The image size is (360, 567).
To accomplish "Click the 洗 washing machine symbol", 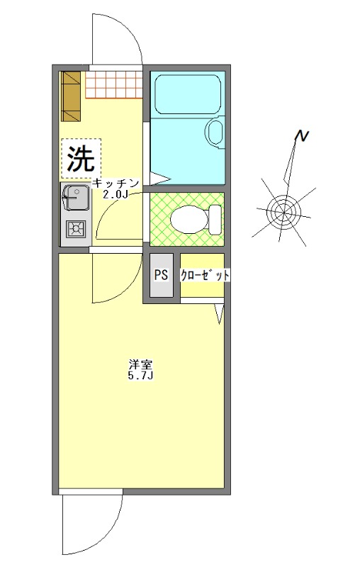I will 80,157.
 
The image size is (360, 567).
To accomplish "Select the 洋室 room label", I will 140,364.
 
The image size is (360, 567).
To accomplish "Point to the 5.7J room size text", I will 140,376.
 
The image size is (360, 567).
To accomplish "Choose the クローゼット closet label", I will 205,276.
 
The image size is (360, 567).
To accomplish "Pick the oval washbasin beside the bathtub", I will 214,132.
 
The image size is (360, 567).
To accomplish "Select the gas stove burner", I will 74,228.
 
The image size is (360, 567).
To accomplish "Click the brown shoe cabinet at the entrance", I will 72,95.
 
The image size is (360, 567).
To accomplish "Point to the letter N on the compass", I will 303,136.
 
